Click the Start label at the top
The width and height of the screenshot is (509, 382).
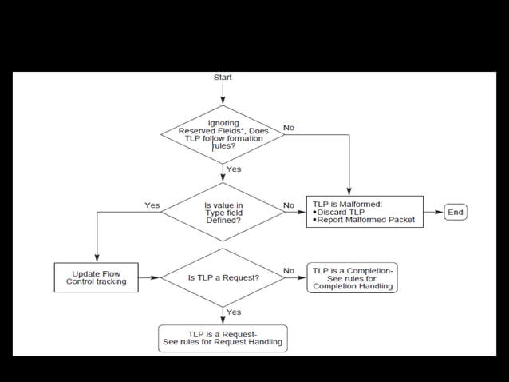click(223, 78)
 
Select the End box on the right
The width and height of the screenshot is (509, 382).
click(456, 212)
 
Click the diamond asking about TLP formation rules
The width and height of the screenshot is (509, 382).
click(223, 133)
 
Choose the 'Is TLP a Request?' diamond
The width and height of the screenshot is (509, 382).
click(223, 277)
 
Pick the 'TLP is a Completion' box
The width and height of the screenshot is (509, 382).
click(352, 277)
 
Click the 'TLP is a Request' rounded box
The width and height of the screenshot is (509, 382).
click(223, 338)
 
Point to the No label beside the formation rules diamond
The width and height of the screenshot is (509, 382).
click(289, 128)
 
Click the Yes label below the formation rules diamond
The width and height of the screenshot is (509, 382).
click(234, 169)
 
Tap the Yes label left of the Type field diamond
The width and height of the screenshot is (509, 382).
click(152, 205)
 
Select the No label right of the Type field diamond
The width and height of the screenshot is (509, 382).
click(289, 205)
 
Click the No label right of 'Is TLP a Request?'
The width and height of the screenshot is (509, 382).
click(289, 271)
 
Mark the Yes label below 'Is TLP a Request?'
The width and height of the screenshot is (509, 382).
click(234, 312)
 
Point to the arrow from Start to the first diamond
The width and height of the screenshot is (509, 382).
click(223, 94)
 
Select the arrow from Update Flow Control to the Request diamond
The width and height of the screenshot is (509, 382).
click(148, 277)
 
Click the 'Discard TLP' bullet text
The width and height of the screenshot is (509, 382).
click(343, 212)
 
